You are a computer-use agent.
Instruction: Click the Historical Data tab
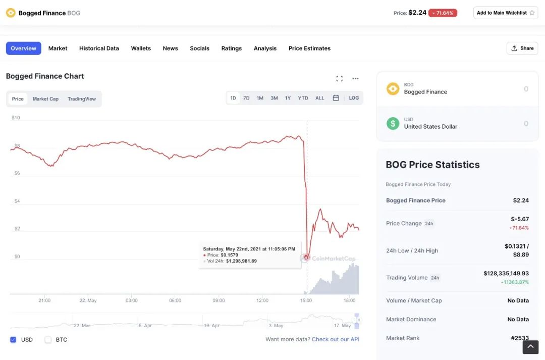[x=99, y=48]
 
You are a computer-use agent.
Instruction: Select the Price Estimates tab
[x=309, y=48]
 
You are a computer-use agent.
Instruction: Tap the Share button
[x=522, y=48]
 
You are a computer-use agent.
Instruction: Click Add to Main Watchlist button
[x=506, y=13]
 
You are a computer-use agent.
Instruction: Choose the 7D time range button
[x=246, y=98]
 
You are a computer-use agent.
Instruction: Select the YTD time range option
[x=303, y=98]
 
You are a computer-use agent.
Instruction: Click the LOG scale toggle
[x=354, y=98]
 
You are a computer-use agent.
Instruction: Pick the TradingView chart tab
[x=82, y=99]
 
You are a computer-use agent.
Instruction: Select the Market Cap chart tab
[x=45, y=99]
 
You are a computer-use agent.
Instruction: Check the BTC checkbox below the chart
[x=48, y=340]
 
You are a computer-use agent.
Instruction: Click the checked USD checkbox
[x=13, y=340]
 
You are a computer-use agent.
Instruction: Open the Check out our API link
[x=336, y=339]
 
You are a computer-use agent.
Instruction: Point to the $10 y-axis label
[x=16, y=118]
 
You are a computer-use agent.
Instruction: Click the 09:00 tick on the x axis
[x=219, y=300]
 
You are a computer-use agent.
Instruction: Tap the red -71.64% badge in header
[x=443, y=13]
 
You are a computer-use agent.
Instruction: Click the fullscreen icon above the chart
[x=339, y=79]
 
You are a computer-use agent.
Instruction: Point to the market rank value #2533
[x=520, y=338]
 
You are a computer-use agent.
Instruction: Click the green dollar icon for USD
[x=393, y=123]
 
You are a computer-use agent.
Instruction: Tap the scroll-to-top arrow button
[x=530, y=347]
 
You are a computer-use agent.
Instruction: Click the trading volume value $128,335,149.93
[x=506, y=273]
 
